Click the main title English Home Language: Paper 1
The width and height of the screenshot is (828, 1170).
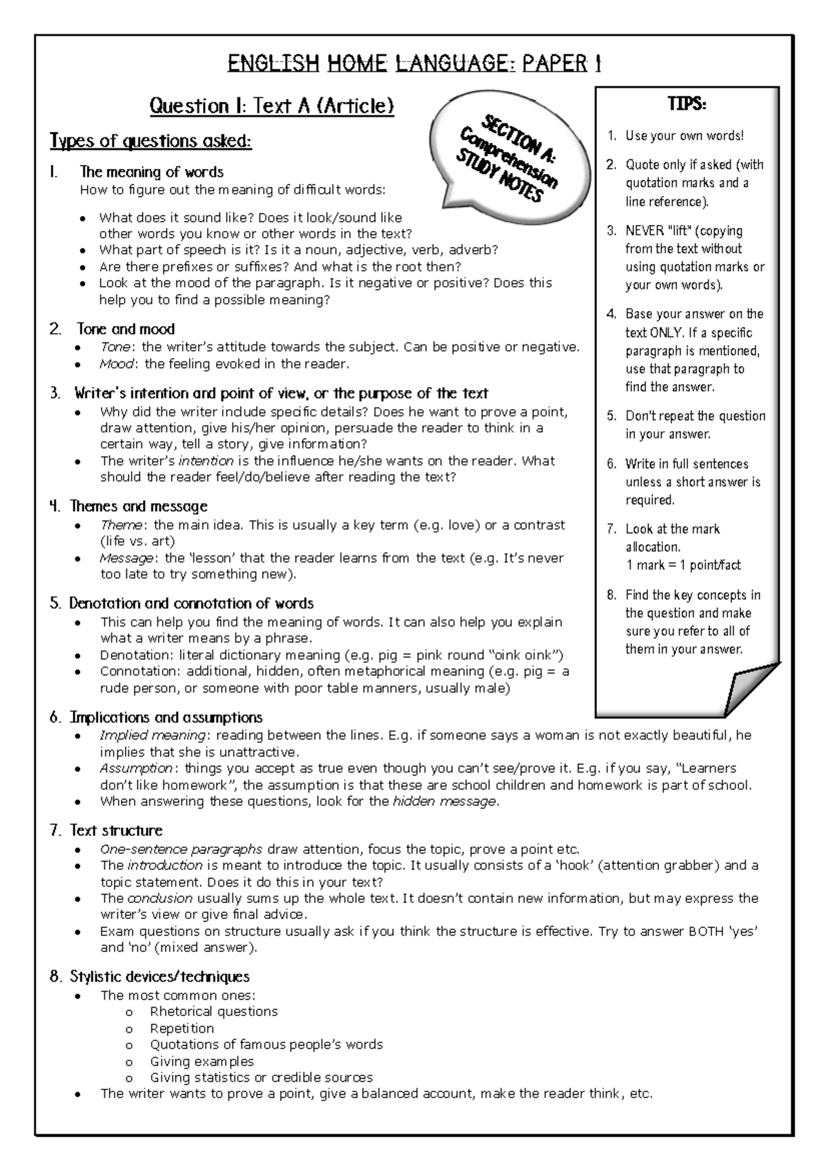click(x=414, y=64)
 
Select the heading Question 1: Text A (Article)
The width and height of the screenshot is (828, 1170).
click(x=271, y=106)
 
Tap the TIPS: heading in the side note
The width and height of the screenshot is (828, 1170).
click(x=687, y=104)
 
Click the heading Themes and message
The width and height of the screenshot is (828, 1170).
click(x=137, y=506)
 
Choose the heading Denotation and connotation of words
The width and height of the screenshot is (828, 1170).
click(x=191, y=604)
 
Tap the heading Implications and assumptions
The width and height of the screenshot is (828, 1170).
click(x=166, y=717)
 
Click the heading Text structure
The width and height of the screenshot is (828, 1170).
click(x=115, y=831)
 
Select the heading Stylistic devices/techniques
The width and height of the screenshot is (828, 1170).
click(x=159, y=977)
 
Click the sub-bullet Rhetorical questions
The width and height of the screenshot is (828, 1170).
click(x=214, y=1011)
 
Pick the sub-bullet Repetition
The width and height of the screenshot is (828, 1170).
click(x=182, y=1028)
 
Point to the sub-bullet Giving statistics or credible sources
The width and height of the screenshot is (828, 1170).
click(x=261, y=1078)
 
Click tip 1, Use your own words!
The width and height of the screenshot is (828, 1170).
click(x=684, y=136)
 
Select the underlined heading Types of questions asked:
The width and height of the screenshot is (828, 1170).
click(x=150, y=141)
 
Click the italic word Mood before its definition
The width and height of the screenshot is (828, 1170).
click(x=116, y=364)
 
